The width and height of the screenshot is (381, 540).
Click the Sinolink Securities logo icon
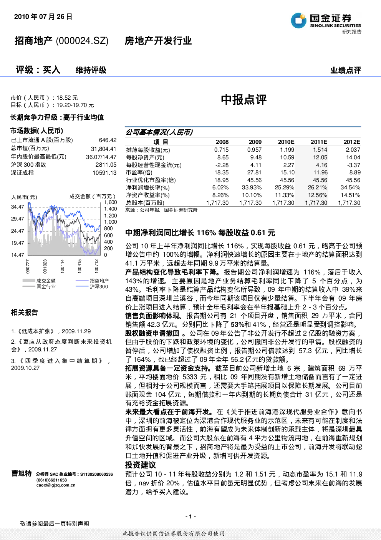(x=298, y=20)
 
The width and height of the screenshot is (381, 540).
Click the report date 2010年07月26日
(x=43, y=17)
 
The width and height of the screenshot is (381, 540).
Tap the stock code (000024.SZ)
(x=82, y=41)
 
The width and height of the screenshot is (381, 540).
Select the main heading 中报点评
(x=244, y=100)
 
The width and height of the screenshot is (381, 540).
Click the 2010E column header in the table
(x=286, y=142)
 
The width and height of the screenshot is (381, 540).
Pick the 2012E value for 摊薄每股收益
(x=353, y=150)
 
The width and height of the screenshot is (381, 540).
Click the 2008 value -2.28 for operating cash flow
(x=221, y=165)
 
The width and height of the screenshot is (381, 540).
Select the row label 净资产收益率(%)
(x=148, y=195)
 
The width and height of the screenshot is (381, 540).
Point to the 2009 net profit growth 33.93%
(x=252, y=187)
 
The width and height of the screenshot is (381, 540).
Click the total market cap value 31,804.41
(x=103, y=149)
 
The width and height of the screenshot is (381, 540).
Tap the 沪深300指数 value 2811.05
(x=106, y=165)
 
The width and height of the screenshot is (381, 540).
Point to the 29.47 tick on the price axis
(x=18, y=219)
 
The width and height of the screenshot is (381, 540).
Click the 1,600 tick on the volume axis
(x=110, y=202)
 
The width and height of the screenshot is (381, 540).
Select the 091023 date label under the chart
(x=45, y=266)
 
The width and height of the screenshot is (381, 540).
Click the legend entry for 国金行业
(x=39, y=286)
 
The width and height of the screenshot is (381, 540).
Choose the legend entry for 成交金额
(x=39, y=281)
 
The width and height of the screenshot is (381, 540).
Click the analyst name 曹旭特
(x=22, y=473)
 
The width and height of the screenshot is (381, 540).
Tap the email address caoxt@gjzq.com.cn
(x=56, y=485)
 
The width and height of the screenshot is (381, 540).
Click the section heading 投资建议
(x=141, y=465)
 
